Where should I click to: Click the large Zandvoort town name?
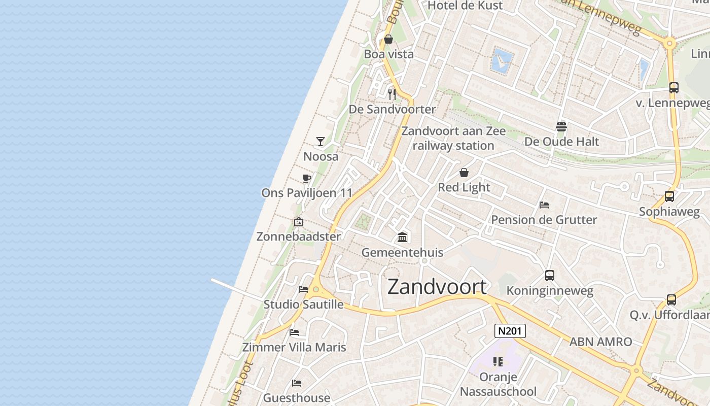437,287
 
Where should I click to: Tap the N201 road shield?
510,331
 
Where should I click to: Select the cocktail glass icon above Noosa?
321,141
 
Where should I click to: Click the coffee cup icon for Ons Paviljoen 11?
306,178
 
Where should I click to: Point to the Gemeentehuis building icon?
403,237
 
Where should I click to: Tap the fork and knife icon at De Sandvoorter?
392,94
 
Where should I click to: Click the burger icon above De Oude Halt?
561,126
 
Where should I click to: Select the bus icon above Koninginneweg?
550,276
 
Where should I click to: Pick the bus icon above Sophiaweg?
669,196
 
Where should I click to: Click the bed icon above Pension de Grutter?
544,205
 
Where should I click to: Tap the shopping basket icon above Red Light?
464,173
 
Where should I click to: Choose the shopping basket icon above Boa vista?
388,39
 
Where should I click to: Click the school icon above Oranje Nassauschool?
498,362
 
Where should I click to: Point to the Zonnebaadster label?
299,236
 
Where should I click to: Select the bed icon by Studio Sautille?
303,289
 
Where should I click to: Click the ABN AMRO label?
600,342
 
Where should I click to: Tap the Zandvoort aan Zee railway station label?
453,138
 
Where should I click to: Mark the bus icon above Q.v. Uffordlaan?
671,300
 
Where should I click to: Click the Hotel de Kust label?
465,6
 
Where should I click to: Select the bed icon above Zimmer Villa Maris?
294,332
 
